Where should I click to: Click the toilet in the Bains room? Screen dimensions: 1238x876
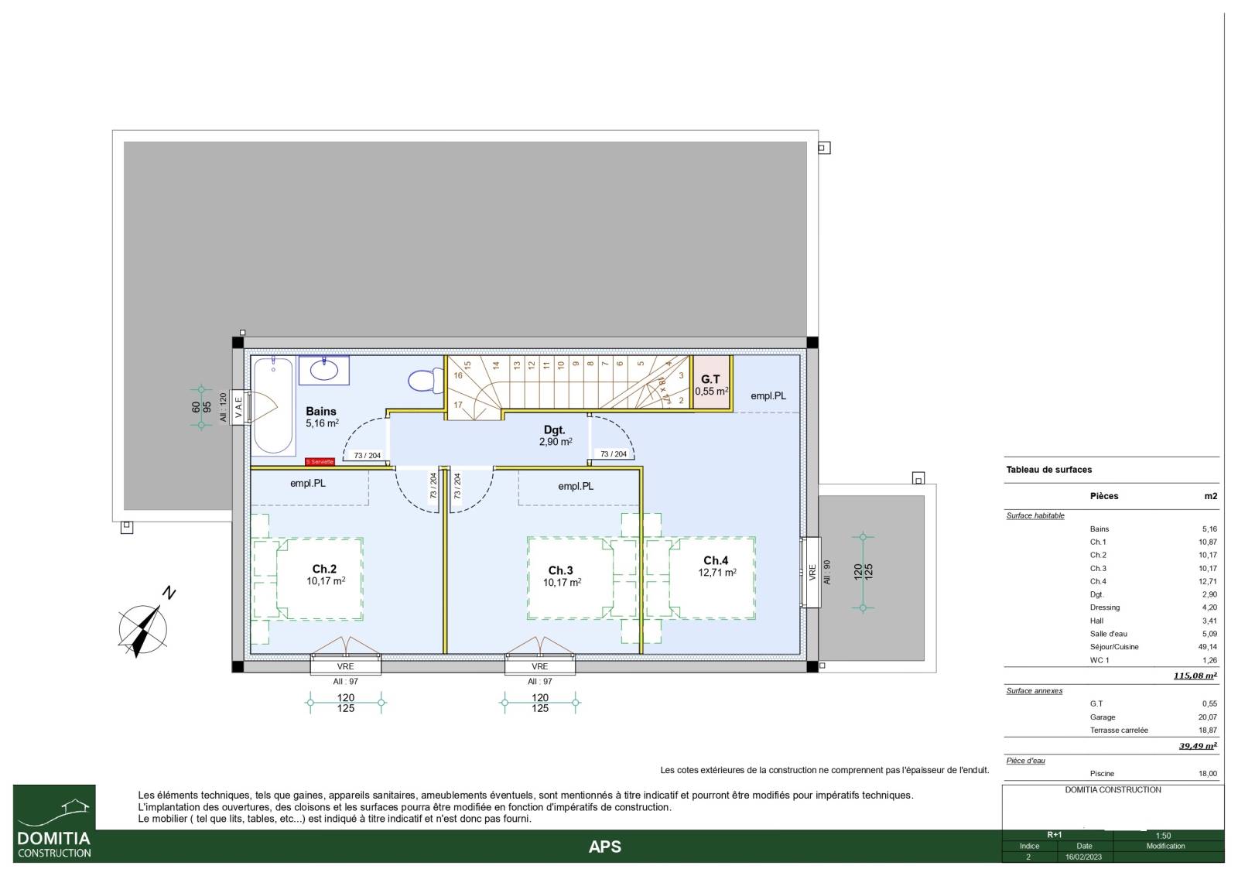[426, 380]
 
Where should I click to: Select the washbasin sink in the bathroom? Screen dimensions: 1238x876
[324, 370]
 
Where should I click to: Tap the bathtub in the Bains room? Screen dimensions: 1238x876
[274, 405]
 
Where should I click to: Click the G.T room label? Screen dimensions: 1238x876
[711, 379]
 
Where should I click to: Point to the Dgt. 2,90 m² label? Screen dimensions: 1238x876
[555, 436]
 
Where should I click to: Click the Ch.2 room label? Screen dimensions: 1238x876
[324, 569]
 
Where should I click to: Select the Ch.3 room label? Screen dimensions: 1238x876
[560, 570]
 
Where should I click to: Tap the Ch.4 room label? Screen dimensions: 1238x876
[716, 560]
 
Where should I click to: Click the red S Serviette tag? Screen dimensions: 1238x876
[320, 461]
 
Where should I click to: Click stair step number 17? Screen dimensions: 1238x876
[457, 405]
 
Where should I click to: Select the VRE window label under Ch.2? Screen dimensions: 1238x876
[345, 666]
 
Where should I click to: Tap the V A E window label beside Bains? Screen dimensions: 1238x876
[239, 407]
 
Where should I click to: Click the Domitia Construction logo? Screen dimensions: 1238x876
[54, 823]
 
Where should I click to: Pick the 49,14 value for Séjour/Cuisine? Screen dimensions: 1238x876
[1208, 647]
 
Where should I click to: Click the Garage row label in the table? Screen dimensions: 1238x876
[1103, 717]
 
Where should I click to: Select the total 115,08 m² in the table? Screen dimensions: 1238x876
[1195, 676]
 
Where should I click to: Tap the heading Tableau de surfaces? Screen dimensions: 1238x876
[1049, 470]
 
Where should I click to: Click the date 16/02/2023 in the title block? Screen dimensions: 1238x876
[1084, 857]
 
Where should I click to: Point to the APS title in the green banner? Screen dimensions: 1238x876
[604, 847]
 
